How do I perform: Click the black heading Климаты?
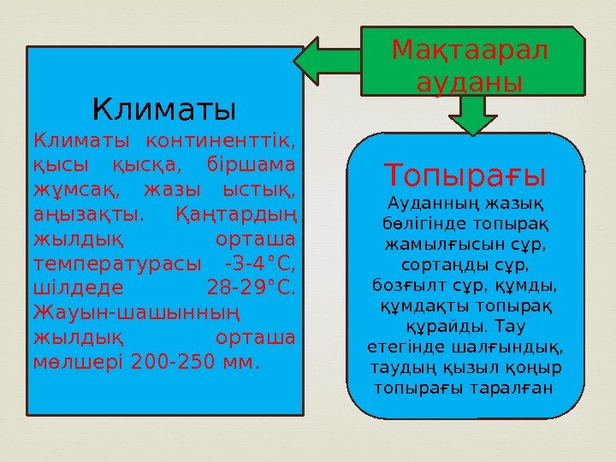click(x=163, y=110)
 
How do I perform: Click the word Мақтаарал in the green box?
click(x=470, y=53)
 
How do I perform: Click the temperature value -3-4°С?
click(x=258, y=261)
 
